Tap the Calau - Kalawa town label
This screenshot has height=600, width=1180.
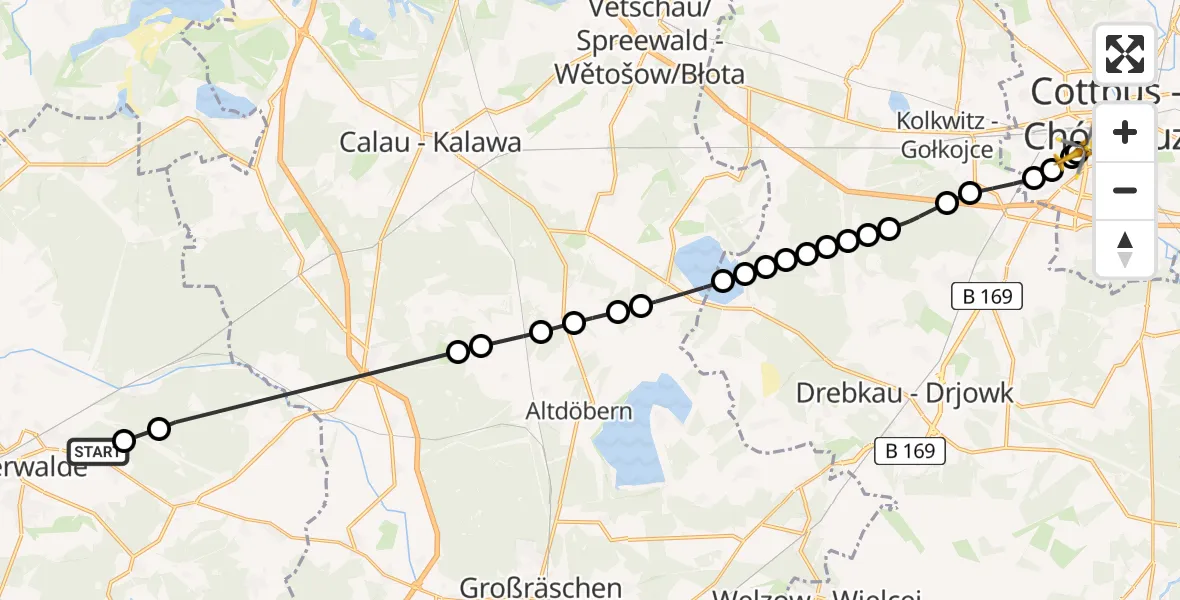(431, 143)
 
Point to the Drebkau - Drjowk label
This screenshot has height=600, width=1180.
(904, 393)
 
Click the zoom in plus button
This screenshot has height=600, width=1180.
(1125, 132)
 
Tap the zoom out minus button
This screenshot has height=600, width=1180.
(1125, 190)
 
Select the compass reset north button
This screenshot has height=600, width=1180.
(1125, 247)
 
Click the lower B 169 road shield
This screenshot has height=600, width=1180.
(911, 452)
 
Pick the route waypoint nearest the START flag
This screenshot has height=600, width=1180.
(124, 441)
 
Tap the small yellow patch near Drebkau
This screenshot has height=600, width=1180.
(770, 377)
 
